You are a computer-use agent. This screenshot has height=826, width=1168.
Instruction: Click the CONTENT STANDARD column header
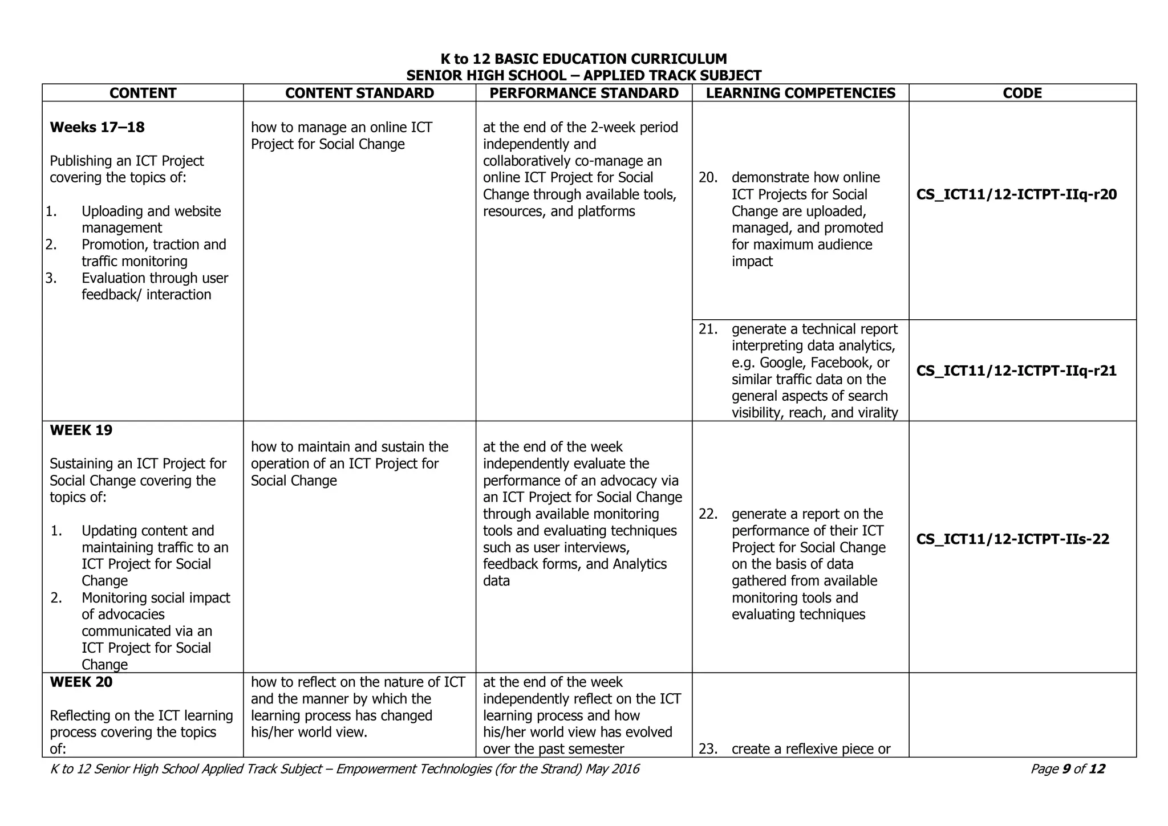(359, 93)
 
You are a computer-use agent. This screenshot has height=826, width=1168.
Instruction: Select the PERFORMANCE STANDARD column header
(584, 93)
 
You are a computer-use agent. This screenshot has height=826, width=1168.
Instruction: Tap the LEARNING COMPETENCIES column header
(800, 93)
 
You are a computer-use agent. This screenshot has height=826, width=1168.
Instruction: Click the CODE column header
(1022, 93)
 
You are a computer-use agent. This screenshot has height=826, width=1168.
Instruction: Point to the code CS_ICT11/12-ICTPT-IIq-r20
(1016, 195)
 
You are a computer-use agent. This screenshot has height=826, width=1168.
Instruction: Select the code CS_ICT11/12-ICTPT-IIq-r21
(1016, 371)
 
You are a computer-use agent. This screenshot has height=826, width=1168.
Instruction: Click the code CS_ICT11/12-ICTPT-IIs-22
(1013, 539)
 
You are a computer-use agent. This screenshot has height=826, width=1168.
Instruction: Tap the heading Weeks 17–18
(97, 127)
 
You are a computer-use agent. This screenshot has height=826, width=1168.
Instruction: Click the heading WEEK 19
(81, 430)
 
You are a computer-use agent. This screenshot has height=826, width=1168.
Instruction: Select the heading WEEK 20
(81, 682)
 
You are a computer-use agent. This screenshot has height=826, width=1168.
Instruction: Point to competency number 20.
(708, 178)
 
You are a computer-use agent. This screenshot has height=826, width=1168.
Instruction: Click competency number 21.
(708, 329)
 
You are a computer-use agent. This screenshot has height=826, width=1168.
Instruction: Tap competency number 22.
(708, 514)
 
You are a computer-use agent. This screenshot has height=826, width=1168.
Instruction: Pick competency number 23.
(708, 749)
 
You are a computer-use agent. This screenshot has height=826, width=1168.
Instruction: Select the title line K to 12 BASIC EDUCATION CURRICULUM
(583, 59)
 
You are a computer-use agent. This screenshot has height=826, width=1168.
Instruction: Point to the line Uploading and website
(151, 211)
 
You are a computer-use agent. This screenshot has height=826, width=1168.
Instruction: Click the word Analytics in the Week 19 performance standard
(639, 564)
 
